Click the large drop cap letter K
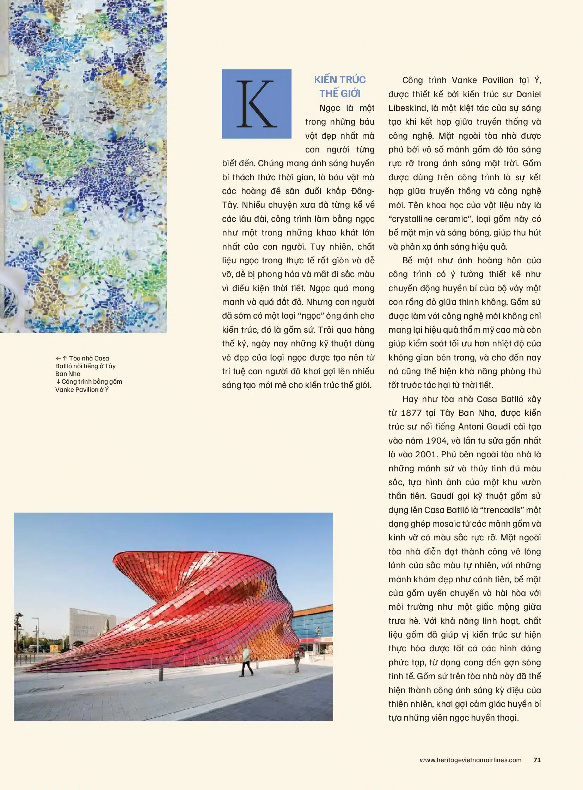tap(257, 104)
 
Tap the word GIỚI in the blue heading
tap(350, 93)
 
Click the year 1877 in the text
tap(411, 413)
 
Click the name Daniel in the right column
tap(528, 94)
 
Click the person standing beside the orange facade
tap(297, 660)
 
